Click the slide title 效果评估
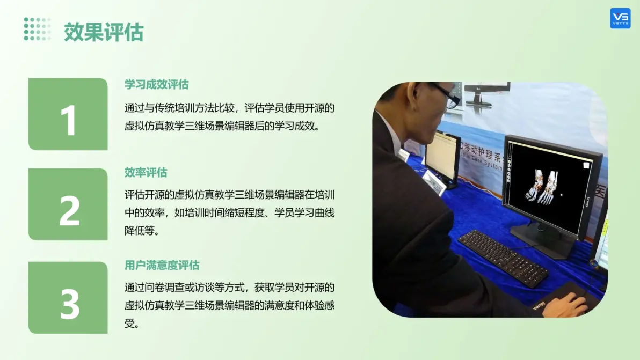click(104, 32)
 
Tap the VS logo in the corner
click(620, 18)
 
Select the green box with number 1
click(68, 114)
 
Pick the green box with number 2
click(68, 204)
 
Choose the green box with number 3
click(68, 298)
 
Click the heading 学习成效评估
click(156, 84)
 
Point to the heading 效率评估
click(146, 172)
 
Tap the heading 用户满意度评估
click(162, 266)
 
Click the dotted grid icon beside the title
click(37, 29)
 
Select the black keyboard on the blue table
click(503, 258)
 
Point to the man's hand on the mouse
click(568, 304)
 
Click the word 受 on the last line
click(130, 324)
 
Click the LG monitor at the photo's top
click(487, 93)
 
